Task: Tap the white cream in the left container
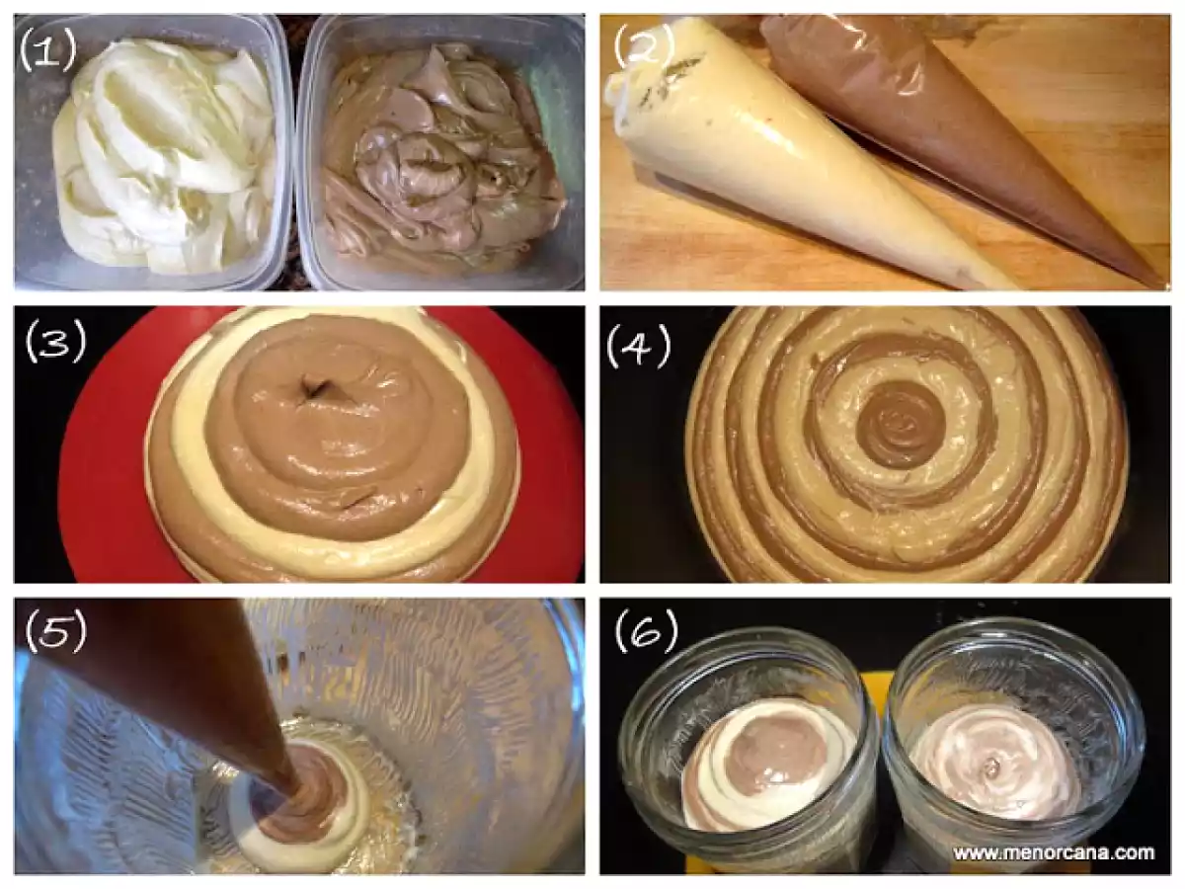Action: [x=162, y=156]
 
